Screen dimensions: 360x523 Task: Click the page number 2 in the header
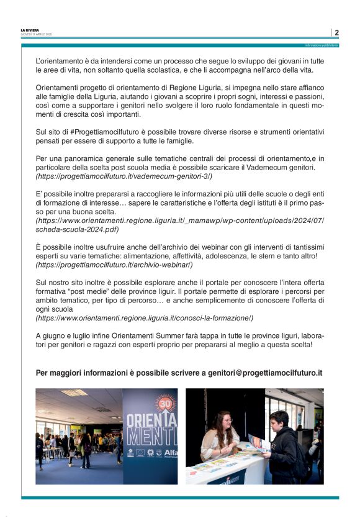point(336,32)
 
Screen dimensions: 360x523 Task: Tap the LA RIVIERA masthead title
point(30,30)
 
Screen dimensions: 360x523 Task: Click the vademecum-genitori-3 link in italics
point(124,176)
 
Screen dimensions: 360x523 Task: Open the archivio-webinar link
point(114,265)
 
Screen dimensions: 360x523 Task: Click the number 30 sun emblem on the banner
point(166,403)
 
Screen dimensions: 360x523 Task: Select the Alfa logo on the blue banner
point(169,453)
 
